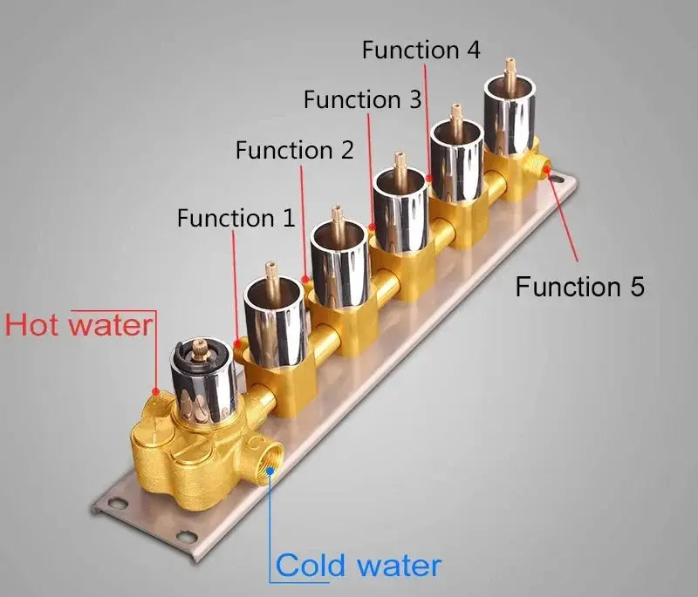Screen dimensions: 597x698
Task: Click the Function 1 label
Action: (x=236, y=217)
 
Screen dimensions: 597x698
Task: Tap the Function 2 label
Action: (x=295, y=150)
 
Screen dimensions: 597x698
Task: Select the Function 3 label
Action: (x=362, y=99)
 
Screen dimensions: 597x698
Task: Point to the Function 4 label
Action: (x=421, y=50)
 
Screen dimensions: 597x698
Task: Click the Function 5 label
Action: (x=579, y=286)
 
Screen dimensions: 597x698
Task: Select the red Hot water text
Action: (x=79, y=325)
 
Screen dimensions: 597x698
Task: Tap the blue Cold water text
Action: (x=359, y=566)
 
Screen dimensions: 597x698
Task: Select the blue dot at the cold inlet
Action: (x=272, y=470)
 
